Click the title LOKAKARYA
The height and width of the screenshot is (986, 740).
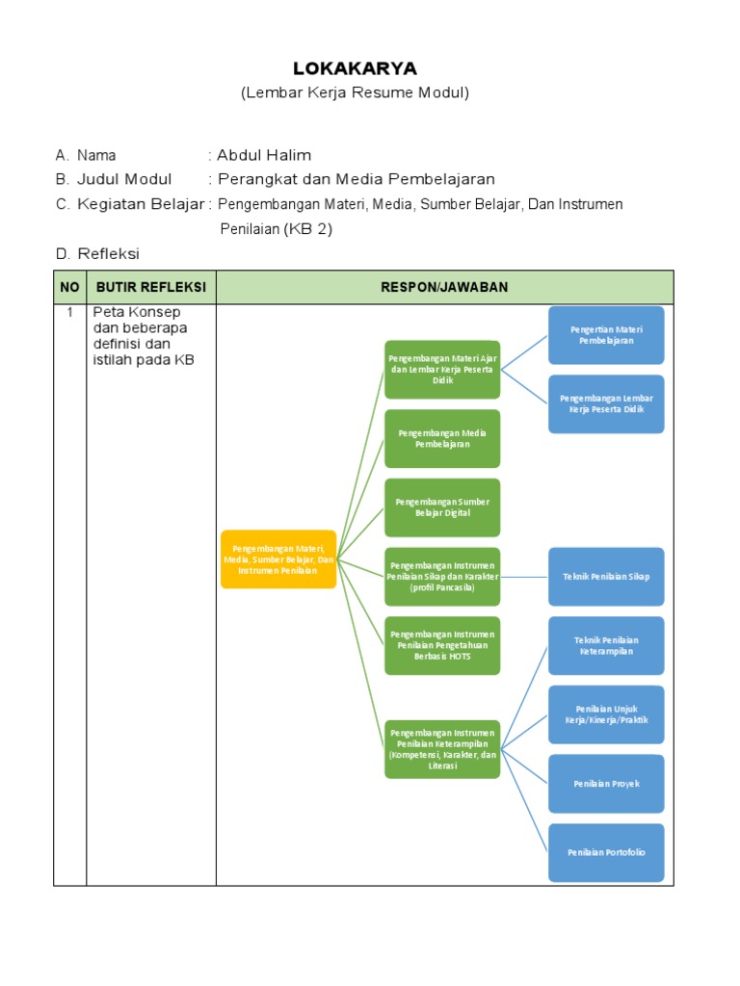(355, 68)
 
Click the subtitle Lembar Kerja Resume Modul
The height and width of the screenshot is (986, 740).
(355, 93)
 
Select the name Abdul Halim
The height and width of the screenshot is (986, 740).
(264, 155)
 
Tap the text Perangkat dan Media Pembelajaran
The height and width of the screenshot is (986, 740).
(357, 179)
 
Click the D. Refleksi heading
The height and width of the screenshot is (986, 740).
(97, 254)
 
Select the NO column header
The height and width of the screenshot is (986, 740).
(70, 287)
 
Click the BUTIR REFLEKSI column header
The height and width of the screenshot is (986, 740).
(151, 287)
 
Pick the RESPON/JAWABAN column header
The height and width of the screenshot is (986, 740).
(444, 287)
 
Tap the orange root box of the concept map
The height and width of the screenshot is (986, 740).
(278, 558)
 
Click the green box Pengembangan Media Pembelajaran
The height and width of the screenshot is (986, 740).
(442, 438)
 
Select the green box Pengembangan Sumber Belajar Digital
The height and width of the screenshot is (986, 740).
(442, 507)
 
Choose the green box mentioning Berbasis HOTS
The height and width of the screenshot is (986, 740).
(442, 645)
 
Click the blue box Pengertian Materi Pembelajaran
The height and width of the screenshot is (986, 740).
(606, 335)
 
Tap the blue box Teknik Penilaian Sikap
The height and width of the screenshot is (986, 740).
(606, 577)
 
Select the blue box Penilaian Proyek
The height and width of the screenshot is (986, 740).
(606, 784)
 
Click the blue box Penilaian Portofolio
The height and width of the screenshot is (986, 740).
(606, 852)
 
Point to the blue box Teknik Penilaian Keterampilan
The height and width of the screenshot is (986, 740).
(606, 645)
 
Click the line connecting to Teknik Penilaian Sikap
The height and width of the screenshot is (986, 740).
(524, 577)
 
